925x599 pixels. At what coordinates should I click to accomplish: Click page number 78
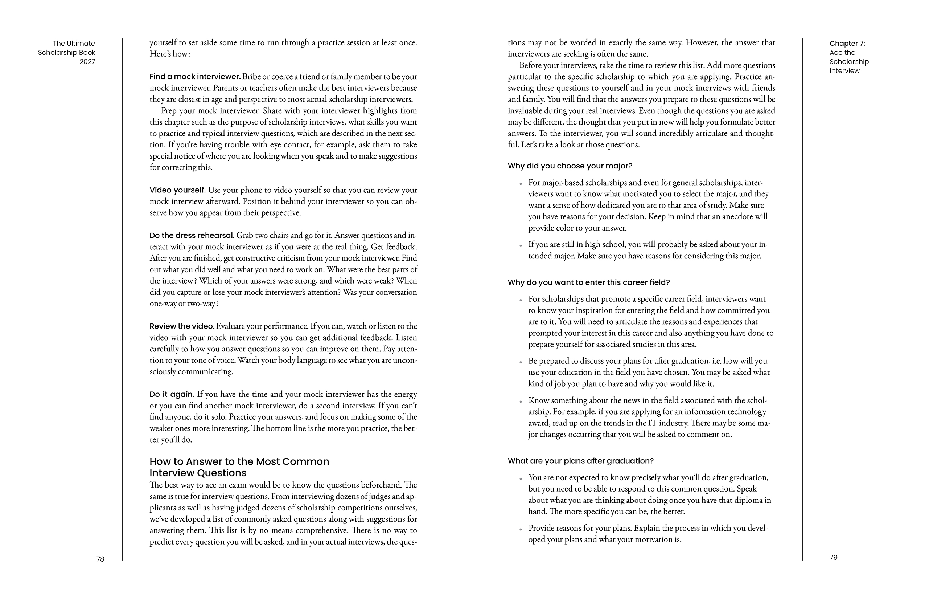(x=100, y=559)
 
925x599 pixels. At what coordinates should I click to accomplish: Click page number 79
(x=834, y=557)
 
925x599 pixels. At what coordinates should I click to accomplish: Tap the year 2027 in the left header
(x=87, y=61)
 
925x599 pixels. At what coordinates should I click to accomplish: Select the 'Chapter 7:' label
(x=847, y=43)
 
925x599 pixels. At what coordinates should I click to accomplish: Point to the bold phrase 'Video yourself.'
(x=178, y=190)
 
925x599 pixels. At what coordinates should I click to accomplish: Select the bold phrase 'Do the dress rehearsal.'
(x=192, y=236)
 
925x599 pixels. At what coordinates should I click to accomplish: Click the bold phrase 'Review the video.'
(x=182, y=326)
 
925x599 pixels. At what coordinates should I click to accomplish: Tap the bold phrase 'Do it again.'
(x=171, y=394)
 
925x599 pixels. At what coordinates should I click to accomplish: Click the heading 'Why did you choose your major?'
(x=570, y=166)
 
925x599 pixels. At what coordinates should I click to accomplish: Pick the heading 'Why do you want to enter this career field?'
(x=588, y=282)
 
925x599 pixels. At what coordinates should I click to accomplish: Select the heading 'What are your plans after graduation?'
(x=581, y=461)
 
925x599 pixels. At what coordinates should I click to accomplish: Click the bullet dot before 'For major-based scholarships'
(x=521, y=184)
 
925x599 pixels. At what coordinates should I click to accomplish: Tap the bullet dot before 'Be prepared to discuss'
(x=521, y=362)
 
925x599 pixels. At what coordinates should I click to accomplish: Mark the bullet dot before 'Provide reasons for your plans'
(x=521, y=529)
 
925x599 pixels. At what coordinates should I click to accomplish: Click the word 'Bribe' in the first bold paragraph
(x=251, y=77)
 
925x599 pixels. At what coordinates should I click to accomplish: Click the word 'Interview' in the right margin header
(x=844, y=71)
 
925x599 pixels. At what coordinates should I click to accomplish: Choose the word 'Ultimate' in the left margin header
(x=81, y=43)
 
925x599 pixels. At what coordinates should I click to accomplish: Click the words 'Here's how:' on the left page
(x=170, y=54)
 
